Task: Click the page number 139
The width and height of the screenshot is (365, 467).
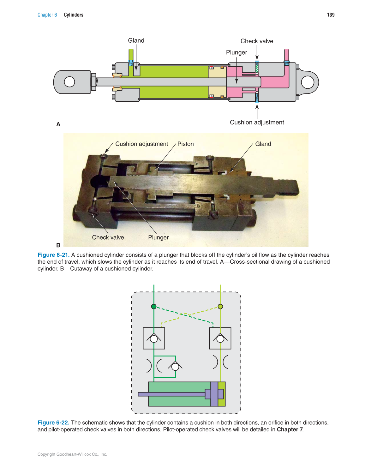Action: point(331,15)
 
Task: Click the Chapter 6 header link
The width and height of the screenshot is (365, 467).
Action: point(47,15)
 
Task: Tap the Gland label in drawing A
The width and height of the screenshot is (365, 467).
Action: point(136,40)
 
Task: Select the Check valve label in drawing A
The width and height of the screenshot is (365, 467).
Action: point(257,41)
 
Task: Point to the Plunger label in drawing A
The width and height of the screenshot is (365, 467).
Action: point(236,52)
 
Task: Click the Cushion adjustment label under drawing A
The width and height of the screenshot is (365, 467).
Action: point(257,123)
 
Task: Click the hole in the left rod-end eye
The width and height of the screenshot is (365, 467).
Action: point(69,82)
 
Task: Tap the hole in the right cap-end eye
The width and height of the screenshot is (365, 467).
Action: point(308,82)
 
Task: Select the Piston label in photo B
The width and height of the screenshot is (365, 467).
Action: point(185,144)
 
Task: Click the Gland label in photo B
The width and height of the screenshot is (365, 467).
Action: point(263,144)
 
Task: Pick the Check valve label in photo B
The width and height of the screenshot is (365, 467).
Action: point(108,237)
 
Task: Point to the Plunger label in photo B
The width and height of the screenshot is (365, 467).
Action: point(158,237)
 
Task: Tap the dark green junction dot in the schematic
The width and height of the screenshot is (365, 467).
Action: point(154,307)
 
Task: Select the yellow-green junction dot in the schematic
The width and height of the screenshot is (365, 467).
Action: point(220,307)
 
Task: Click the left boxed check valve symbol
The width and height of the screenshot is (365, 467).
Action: point(154,338)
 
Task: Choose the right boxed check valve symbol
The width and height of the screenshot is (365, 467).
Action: point(220,338)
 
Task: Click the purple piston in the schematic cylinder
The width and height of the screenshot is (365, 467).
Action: point(214,394)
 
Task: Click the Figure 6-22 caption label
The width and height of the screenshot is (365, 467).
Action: point(53,423)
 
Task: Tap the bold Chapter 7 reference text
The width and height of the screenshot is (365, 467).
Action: point(290,430)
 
